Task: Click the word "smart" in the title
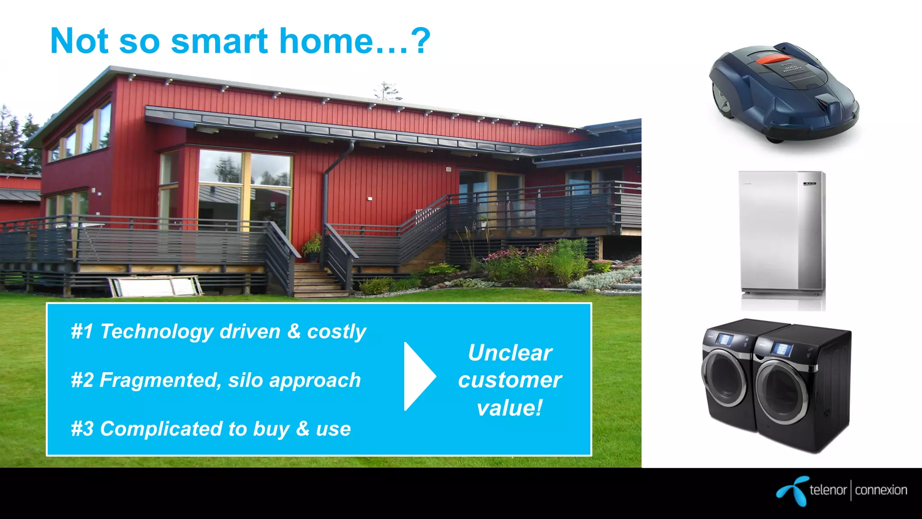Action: point(219,41)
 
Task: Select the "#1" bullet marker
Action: point(82,332)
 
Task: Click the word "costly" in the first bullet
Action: point(336,332)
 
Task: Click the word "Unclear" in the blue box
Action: point(510,353)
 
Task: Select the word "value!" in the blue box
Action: point(510,408)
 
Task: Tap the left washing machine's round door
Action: point(725,378)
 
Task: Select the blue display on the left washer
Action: point(724,339)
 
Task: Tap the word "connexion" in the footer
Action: point(881,490)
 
